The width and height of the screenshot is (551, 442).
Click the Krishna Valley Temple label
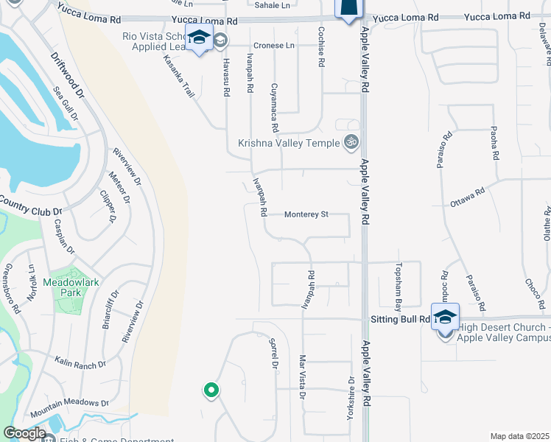pyautogui.click(x=288, y=143)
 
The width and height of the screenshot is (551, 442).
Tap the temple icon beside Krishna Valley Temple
pyautogui.click(x=352, y=142)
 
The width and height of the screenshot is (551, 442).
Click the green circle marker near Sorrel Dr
pyautogui.click(x=211, y=390)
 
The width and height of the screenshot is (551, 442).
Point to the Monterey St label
pyautogui.click(x=306, y=214)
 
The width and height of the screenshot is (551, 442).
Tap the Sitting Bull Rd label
pyautogui.click(x=398, y=319)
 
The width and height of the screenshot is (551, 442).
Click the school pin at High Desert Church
pyautogui.click(x=445, y=317)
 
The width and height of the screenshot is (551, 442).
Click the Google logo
pyautogui.click(x=24, y=433)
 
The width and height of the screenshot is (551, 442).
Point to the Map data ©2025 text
pyautogui.click(x=519, y=436)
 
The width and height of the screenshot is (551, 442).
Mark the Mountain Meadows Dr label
pyautogui.click(x=69, y=404)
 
